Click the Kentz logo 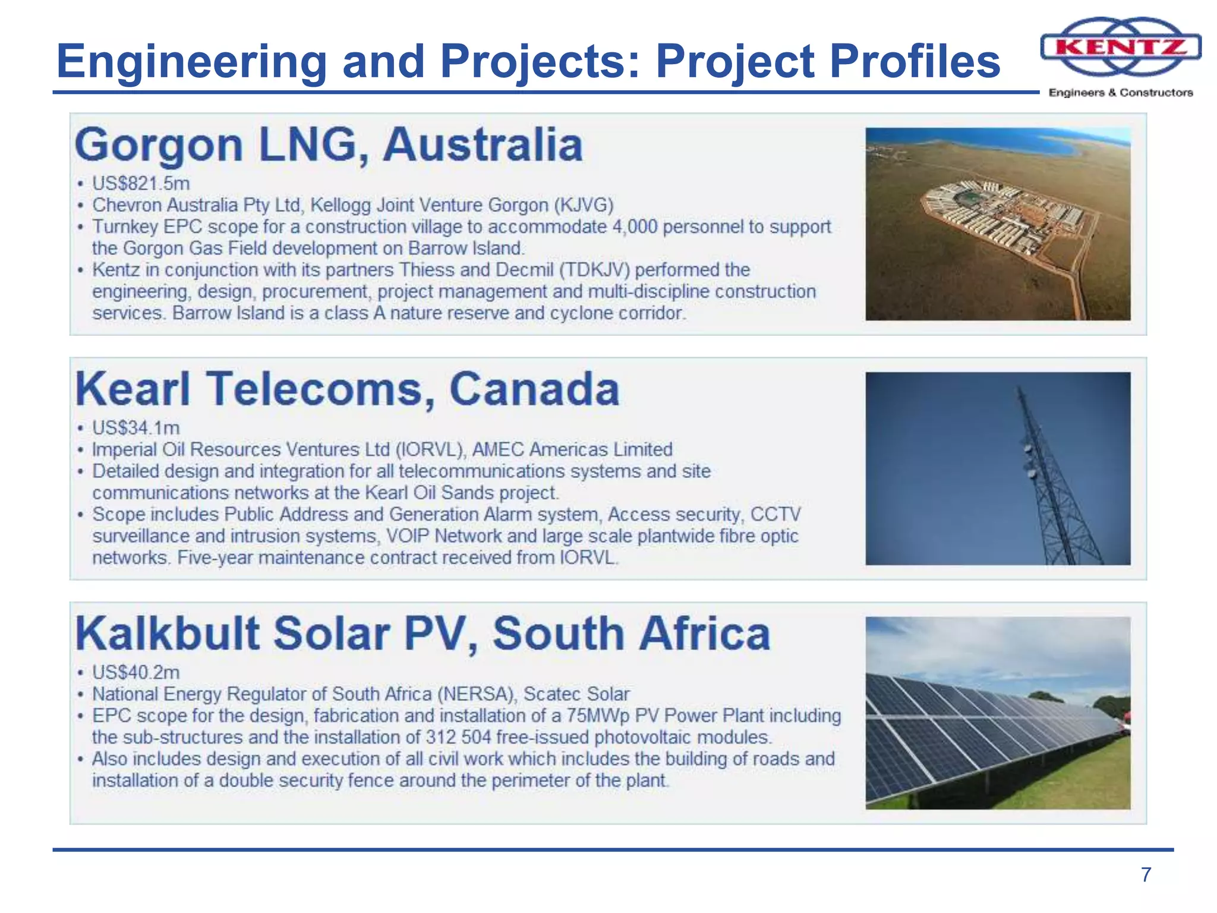pyautogui.click(x=1121, y=47)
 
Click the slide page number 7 pyautogui.click(x=1146, y=874)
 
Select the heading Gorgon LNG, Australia pyautogui.click(x=329, y=145)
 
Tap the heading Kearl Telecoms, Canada pyautogui.click(x=348, y=389)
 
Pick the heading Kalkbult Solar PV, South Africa pyautogui.click(x=423, y=634)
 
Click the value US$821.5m pyautogui.click(x=141, y=184)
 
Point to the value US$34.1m pyautogui.click(x=136, y=428)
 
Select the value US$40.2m pyautogui.click(x=136, y=672)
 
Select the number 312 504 pyautogui.click(x=458, y=738)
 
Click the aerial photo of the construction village pyautogui.click(x=998, y=224)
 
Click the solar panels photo pyautogui.click(x=998, y=713)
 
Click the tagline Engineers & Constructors pyautogui.click(x=1121, y=93)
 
